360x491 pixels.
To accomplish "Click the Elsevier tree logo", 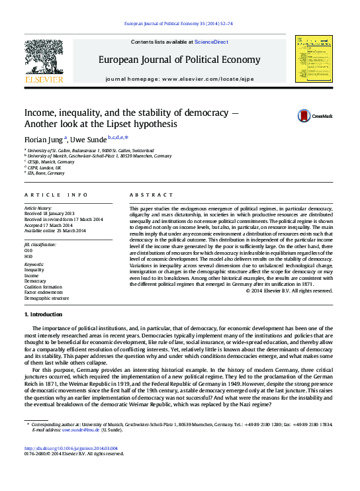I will pyautogui.click(x=44, y=58).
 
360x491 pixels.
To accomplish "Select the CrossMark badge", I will pyautogui.click(x=314, y=115).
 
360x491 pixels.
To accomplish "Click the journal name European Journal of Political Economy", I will pyautogui.click(x=179, y=60).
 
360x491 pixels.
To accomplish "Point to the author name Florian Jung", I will pyautogui.click(x=43, y=140).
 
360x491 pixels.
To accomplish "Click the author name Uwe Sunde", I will pyautogui.click(x=88, y=140).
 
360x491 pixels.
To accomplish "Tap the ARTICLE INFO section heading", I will pyautogui.click(x=56, y=195).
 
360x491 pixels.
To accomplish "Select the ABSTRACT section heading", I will pyautogui.click(x=146, y=195).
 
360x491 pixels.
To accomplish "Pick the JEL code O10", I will pyautogui.click(x=28, y=251).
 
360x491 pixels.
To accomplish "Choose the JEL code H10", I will pyautogui.click(x=28, y=256).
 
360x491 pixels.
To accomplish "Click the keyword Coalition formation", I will pyautogui.click(x=42, y=286).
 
